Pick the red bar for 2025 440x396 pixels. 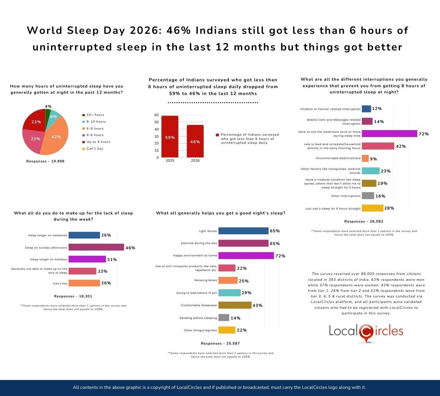click(x=170, y=137)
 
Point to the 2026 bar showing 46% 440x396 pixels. click(x=195, y=141)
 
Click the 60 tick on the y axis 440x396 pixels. click(x=157, y=115)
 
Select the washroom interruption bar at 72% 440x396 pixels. click(x=389, y=134)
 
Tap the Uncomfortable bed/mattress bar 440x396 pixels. click(x=365, y=158)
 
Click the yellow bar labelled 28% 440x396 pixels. click(x=372, y=208)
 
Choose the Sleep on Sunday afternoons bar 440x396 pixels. click(x=96, y=247)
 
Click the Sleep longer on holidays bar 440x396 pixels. click(x=87, y=259)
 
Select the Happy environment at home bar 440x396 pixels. click(x=246, y=256)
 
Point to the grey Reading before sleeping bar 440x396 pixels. click(x=224, y=318)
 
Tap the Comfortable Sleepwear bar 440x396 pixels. click(x=235, y=305)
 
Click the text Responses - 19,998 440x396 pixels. click(x=45, y=161)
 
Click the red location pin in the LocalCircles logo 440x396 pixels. click(x=366, y=333)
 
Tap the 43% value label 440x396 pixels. click(x=258, y=306)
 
